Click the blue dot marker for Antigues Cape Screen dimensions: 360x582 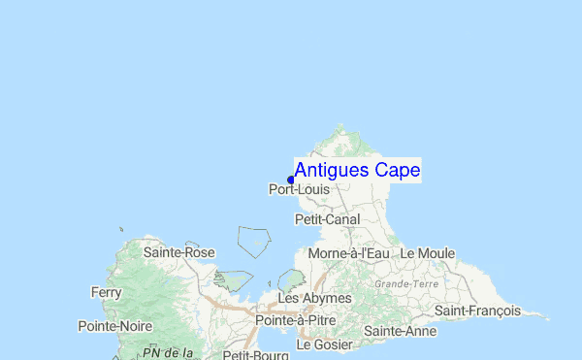[x=291, y=180]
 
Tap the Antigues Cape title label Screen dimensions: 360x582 [x=357, y=171]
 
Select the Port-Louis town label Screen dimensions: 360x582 [x=299, y=190]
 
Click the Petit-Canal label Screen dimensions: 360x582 [x=327, y=220]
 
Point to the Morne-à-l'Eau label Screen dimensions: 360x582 [x=348, y=253]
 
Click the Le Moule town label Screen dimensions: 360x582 [x=427, y=253]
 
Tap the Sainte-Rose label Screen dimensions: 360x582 [x=178, y=252]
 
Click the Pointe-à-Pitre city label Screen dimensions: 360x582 [x=295, y=319]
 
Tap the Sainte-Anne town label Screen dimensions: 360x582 [x=400, y=331]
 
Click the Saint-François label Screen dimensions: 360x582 [x=477, y=311]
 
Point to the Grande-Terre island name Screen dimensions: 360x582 [x=406, y=284]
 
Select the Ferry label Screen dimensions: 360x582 [x=106, y=292]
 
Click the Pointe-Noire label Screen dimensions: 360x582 [x=115, y=326]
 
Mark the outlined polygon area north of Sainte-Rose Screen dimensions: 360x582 [x=254, y=241]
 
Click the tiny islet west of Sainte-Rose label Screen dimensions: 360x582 [x=121, y=230]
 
